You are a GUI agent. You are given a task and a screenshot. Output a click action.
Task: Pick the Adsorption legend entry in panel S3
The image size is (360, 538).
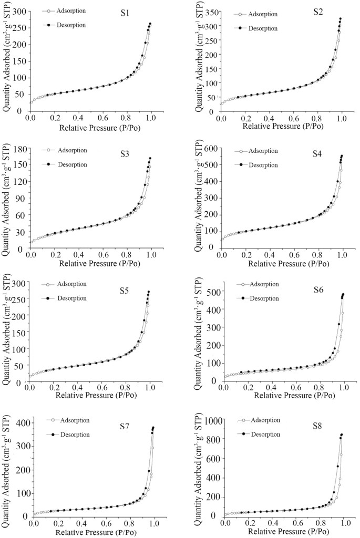point(71,150)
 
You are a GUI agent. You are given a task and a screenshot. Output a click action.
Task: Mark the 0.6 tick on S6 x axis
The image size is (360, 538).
point(296,388)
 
